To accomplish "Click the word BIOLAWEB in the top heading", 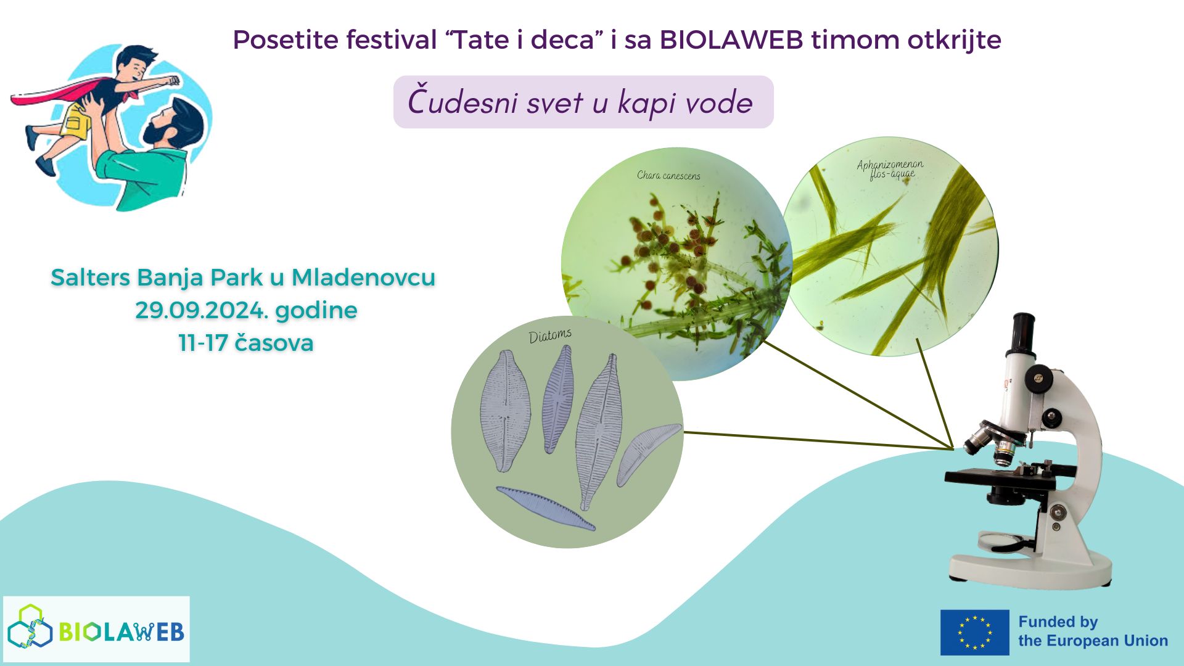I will [x=731, y=40].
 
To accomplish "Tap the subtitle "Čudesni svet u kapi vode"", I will [x=580, y=102].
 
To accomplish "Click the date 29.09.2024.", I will [x=202, y=310].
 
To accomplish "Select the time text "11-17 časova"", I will [x=246, y=343].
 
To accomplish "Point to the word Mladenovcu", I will [x=363, y=277].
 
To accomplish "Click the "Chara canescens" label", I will [x=668, y=176].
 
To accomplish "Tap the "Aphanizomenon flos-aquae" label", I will [x=890, y=169].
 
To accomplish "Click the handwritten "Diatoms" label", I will [x=550, y=335].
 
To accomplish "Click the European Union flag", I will [x=974, y=632].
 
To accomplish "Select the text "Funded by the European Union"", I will [x=1092, y=631].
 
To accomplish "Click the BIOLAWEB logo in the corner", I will [x=96, y=629].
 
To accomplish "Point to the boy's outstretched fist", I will [x=172, y=80].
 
